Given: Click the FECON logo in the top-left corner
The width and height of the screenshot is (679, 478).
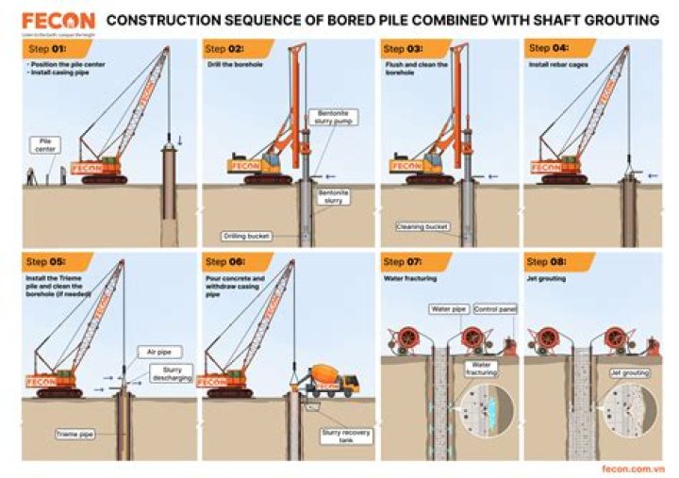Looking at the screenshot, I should click(58, 22).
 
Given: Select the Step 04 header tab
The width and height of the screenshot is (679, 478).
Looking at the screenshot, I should click(553, 48).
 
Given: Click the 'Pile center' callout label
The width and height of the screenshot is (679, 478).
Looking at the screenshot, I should click(43, 143).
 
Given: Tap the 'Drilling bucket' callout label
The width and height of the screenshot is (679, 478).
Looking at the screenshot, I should click(246, 236).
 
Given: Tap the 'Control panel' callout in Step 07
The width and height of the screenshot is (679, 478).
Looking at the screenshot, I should click(492, 308).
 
